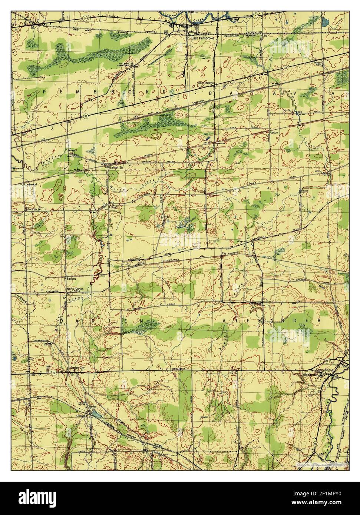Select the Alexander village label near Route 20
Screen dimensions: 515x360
(x=310, y=375)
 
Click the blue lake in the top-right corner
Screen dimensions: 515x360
(x=325, y=23)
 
